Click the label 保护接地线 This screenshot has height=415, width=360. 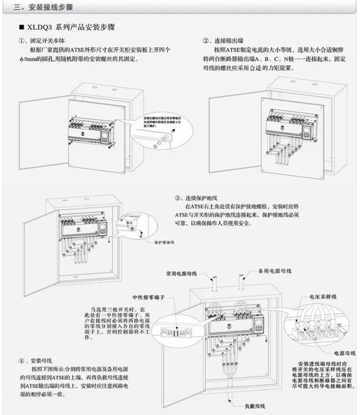(164, 243)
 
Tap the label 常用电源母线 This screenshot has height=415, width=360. (181, 272)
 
